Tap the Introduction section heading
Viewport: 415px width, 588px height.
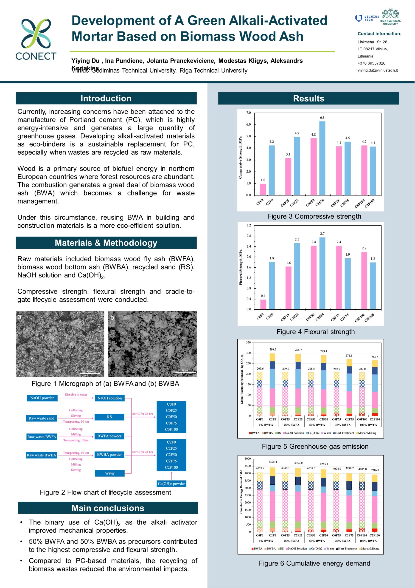(106, 98)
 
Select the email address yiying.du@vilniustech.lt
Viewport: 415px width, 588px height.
(377, 70)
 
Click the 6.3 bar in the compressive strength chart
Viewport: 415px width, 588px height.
(322, 158)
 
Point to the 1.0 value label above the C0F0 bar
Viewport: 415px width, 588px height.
(263, 180)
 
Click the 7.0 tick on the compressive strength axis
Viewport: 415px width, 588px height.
(248, 113)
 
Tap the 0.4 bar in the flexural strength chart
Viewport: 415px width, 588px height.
(263, 304)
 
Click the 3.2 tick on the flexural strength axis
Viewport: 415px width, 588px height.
(249, 225)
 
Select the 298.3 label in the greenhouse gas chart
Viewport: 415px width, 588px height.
(273, 349)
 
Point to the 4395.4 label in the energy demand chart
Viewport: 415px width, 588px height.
(273, 462)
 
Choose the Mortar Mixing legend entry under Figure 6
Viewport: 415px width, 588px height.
(370, 548)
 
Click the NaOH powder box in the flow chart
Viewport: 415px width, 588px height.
(42, 398)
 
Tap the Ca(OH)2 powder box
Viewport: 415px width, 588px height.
(171, 484)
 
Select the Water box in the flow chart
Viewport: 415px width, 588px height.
(109, 473)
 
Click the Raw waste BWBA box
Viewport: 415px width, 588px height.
(42, 455)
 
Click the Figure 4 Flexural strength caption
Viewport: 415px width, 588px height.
(315, 332)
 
